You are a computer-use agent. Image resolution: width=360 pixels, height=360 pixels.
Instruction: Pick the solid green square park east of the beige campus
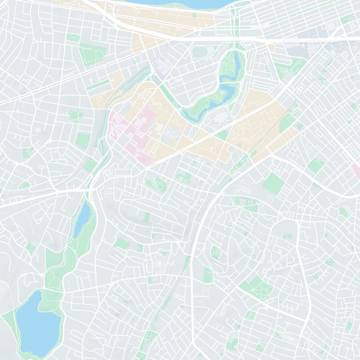point(273,183)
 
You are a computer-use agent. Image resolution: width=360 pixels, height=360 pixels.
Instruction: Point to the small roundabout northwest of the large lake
point(43,274)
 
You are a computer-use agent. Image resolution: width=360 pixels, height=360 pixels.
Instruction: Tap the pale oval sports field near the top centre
point(198,52)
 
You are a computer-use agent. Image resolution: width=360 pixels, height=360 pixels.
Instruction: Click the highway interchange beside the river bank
point(234,18)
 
